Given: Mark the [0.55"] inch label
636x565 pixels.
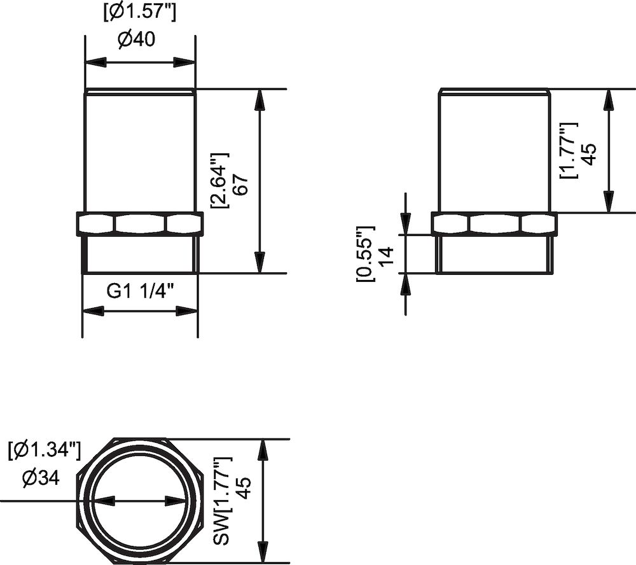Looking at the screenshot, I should [366, 253].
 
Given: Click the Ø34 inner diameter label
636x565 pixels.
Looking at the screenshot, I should [40, 477].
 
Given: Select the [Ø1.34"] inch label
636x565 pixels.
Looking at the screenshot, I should [44, 451].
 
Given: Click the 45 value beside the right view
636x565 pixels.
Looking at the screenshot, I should [589, 155].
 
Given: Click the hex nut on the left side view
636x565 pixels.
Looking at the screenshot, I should [140, 223].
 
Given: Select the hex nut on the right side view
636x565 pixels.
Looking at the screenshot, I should [495, 223].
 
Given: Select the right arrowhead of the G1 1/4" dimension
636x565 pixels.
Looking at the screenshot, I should [189, 311].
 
